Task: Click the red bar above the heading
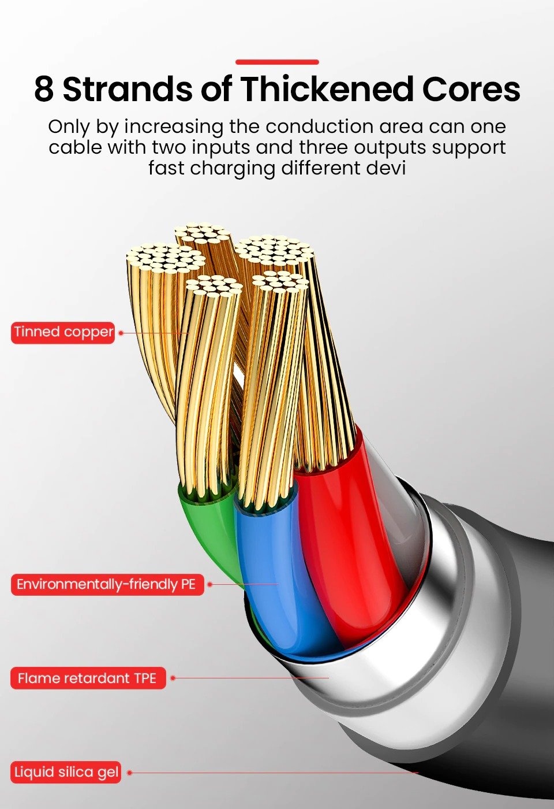click(277, 62)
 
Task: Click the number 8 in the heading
click(44, 89)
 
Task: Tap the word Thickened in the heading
click(327, 88)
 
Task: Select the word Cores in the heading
click(471, 89)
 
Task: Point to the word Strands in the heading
click(128, 89)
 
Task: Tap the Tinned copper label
click(63, 333)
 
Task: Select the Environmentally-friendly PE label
click(107, 584)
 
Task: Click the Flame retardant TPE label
click(88, 678)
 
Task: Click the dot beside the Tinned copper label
click(121, 333)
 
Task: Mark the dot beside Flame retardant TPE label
click(173, 678)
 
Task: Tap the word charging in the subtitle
click(233, 169)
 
